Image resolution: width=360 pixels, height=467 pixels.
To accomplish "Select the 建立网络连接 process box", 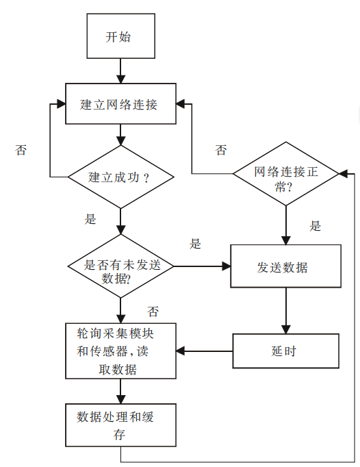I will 120,104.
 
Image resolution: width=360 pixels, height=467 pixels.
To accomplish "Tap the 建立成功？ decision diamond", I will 120,177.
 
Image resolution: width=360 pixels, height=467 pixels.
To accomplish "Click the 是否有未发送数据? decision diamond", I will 120,266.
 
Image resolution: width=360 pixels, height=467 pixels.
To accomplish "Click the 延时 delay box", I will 285,351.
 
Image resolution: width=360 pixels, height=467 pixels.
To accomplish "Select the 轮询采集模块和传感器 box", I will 120,351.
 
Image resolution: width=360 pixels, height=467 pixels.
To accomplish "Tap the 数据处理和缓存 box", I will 120,425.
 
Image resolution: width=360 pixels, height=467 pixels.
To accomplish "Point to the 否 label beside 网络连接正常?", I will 220,150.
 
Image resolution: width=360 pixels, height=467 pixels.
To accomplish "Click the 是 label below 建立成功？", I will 90,220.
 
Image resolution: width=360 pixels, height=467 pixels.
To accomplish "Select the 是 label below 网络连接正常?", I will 315,225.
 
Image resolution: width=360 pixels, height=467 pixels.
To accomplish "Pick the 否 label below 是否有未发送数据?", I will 153,312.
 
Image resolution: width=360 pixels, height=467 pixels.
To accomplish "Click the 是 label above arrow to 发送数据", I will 196,244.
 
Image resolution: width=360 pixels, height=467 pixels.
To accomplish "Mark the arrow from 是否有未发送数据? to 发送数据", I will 203,266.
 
